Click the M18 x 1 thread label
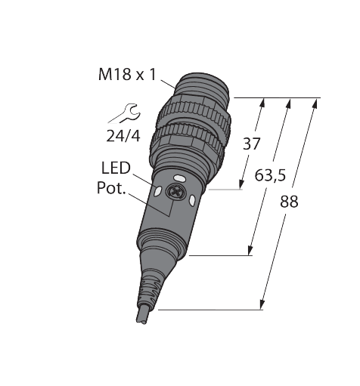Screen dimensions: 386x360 click(126, 74)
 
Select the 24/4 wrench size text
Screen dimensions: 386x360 click(124, 137)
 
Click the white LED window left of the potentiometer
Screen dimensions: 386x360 click(156, 193)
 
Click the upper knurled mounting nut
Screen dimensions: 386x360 click(195, 114)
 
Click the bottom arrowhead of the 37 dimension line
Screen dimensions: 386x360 click(242, 187)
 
